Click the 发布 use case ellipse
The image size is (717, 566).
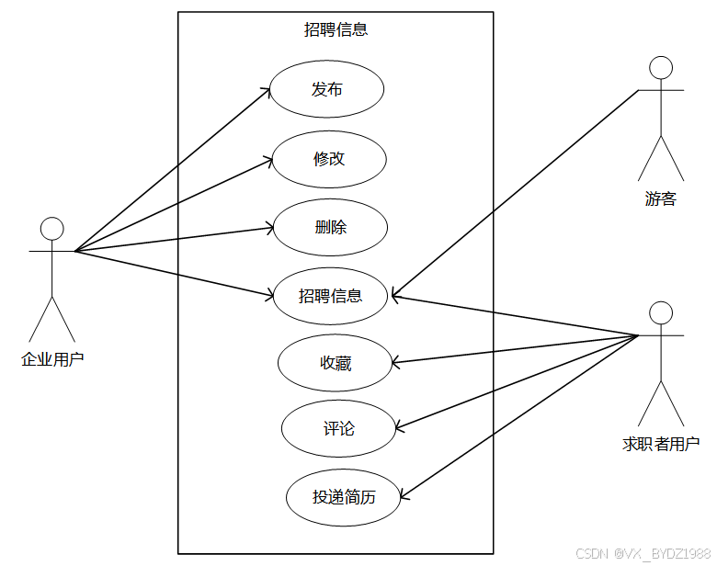tap(326, 89)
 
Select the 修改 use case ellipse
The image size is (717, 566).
tap(329, 158)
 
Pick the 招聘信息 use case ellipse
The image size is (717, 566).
tap(331, 295)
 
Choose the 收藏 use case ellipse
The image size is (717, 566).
tap(336, 363)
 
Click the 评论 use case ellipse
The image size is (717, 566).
tap(338, 428)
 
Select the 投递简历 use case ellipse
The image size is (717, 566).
tap(344, 497)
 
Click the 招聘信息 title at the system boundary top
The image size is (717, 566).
tap(336, 29)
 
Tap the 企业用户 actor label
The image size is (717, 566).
tap(52, 359)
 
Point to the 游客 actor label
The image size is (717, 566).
tap(660, 198)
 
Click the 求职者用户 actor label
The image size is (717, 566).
tap(661, 445)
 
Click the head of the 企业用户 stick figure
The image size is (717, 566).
tap(52, 229)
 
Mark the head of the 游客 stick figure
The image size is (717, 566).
tap(660, 68)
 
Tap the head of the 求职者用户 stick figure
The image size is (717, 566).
tap(660, 312)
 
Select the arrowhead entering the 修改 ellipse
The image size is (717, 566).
tap(269, 161)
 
